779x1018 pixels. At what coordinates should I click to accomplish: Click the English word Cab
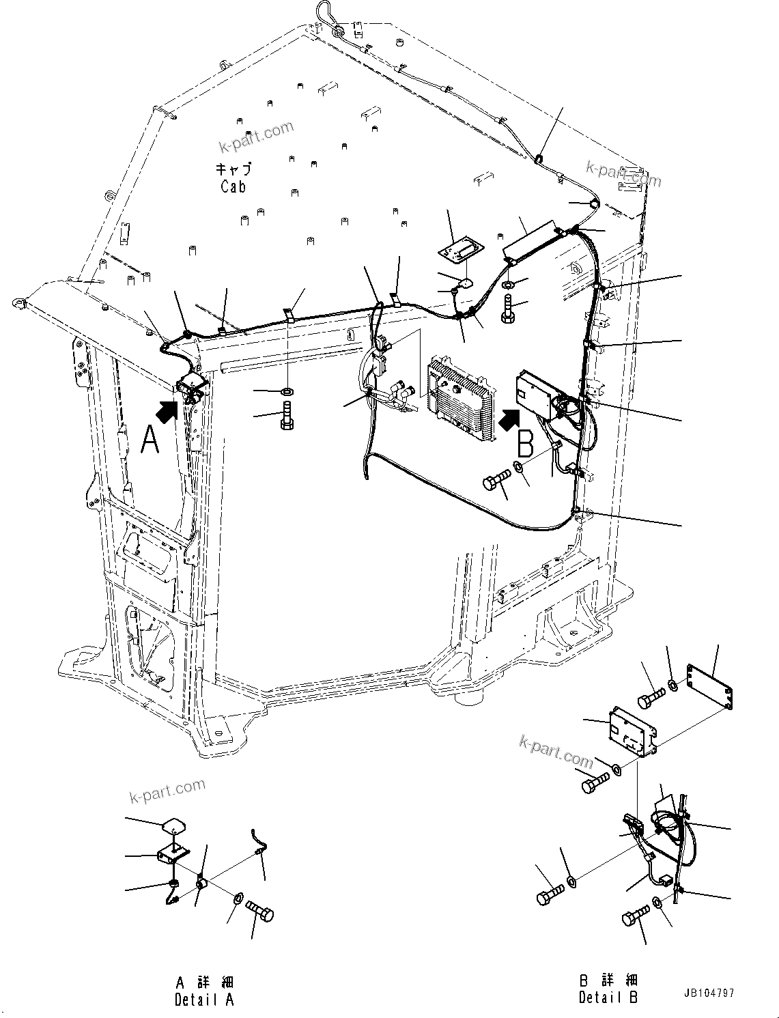click(233, 186)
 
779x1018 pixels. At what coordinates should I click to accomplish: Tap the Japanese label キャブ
click(233, 169)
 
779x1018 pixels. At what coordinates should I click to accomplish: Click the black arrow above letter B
click(509, 419)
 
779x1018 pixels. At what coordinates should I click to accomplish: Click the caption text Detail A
click(204, 1000)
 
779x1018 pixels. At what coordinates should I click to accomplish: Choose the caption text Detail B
click(608, 998)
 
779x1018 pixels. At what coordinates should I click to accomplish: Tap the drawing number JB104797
click(707, 993)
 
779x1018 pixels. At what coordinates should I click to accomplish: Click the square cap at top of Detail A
click(174, 826)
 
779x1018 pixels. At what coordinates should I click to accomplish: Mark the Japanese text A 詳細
click(204, 982)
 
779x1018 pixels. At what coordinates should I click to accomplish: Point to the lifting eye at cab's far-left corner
click(16, 302)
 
